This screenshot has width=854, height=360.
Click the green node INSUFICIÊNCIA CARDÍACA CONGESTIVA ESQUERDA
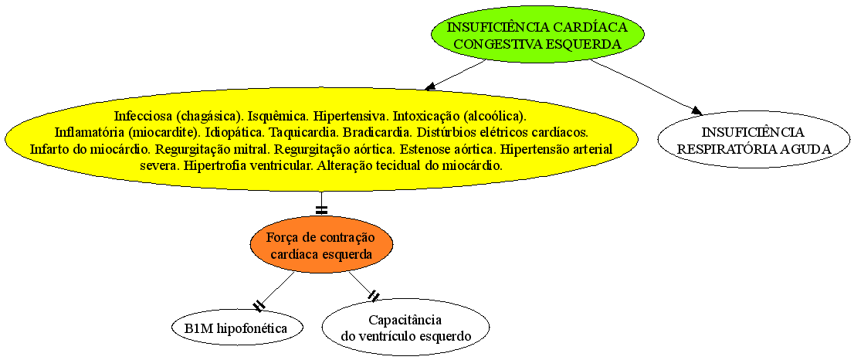coord(537,36)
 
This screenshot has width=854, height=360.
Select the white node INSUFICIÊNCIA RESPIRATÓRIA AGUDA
coord(754,140)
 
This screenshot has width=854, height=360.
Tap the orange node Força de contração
coord(321,245)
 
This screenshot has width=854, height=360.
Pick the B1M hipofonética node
coord(236,328)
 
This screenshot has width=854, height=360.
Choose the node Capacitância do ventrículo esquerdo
coord(405,328)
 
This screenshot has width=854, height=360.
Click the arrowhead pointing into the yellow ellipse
coord(431,86)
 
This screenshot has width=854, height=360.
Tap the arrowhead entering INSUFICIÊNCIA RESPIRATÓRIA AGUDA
coord(696,111)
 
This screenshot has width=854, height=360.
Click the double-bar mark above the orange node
coord(321,209)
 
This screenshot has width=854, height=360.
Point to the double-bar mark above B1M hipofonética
coord(259,306)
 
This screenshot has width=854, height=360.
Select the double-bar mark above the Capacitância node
coord(374,297)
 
